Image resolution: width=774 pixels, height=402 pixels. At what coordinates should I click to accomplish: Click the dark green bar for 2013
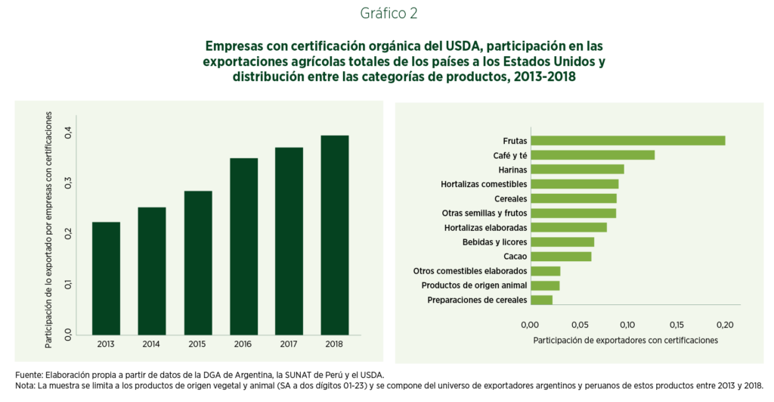pyautogui.click(x=106, y=278)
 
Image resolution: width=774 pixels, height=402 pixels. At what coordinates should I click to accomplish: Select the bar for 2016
pyautogui.click(x=243, y=246)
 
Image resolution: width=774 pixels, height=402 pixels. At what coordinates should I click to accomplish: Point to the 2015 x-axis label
pyautogui.click(x=197, y=344)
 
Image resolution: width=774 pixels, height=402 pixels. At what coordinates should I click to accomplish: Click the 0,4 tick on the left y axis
pyautogui.click(x=68, y=132)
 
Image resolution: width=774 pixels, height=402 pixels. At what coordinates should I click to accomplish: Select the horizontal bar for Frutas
pyautogui.click(x=628, y=141)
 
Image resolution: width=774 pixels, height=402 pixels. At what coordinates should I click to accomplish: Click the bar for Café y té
pyautogui.click(x=593, y=155)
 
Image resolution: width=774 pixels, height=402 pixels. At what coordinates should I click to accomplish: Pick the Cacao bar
pyautogui.click(x=561, y=257)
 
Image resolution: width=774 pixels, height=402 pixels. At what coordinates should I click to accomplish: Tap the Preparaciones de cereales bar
pyautogui.click(x=542, y=301)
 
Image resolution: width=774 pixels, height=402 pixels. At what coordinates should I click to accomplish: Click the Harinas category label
pyautogui.click(x=512, y=170)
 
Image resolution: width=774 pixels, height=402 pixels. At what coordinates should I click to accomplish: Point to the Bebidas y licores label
pyautogui.click(x=494, y=242)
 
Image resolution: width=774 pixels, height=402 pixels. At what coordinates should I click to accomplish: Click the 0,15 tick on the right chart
pyautogui.click(x=676, y=325)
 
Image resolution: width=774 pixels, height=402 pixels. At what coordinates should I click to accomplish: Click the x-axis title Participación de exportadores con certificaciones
pyautogui.click(x=625, y=341)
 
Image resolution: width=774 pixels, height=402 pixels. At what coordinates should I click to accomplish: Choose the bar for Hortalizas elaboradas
pyautogui.click(x=569, y=228)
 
